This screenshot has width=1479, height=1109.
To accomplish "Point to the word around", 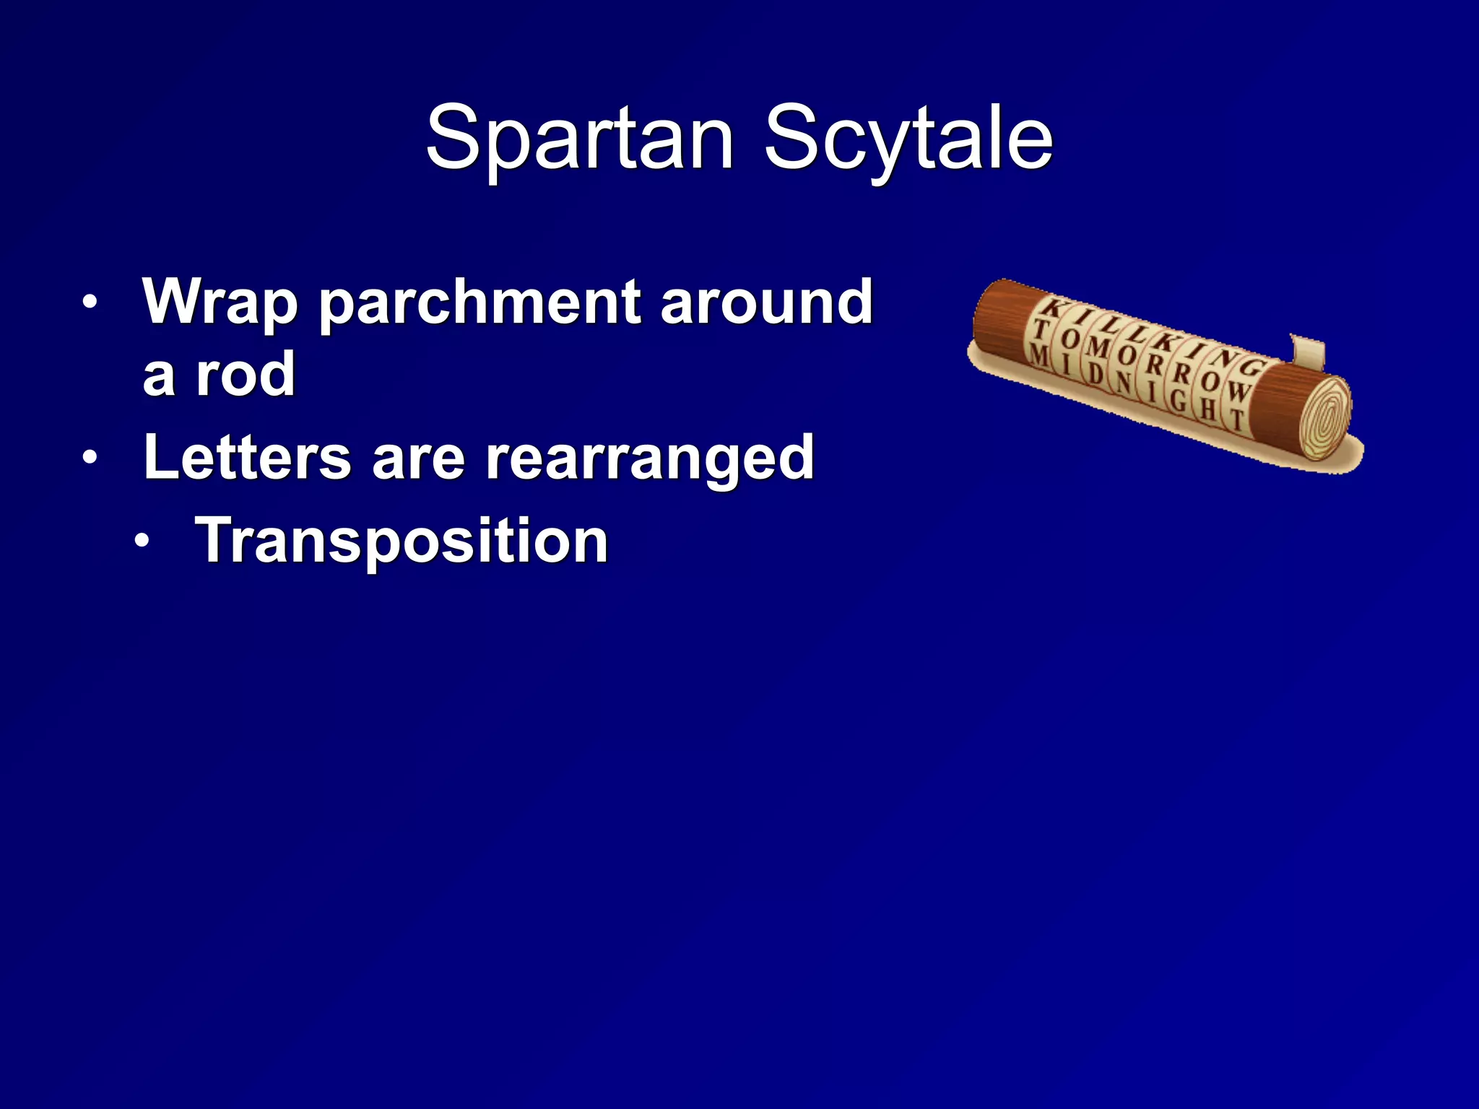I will pyautogui.click(x=766, y=302).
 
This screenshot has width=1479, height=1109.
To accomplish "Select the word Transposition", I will pyautogui.click(x=402, y=541).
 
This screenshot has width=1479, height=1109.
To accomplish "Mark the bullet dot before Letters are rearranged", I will pyautogui.click(x=89, y=457).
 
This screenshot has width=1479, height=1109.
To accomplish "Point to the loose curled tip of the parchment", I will pyautogui.click(x=1308, y=351).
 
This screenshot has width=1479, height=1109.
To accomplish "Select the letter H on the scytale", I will pyautogui.click(x=1207, y=410).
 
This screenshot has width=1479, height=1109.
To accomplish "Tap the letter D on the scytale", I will pyautogui.click(x=1096, y=373).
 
